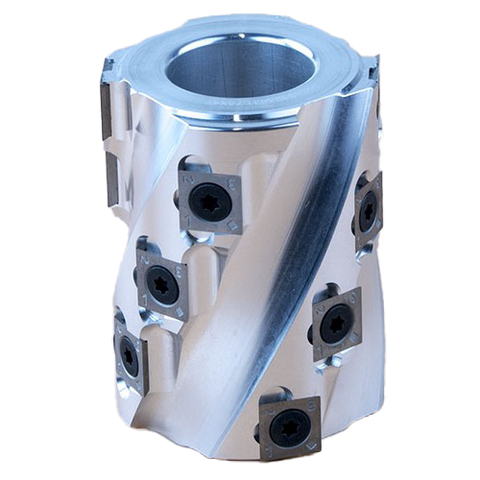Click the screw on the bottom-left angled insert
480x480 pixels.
point(129,355)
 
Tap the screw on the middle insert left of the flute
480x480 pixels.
point(162,285)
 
